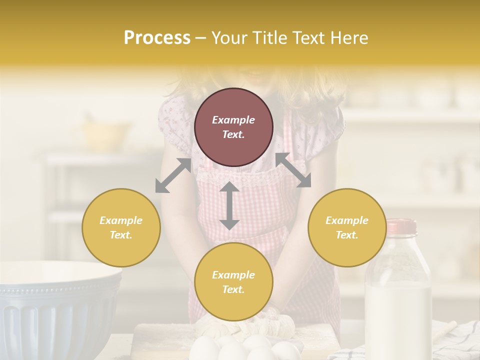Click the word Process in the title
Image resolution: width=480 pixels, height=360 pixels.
pyautogui.click(x=157, y=38)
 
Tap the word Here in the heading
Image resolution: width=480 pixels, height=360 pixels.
pyautogui.click(x=348, y=38)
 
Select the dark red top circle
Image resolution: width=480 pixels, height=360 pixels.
pyautogui.click(x=233, y=127)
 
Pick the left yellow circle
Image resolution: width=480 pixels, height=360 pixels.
pyautogui.click(x=121, y=227)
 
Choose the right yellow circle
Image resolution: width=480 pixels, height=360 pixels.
pyautogui.click(x=346, y=227)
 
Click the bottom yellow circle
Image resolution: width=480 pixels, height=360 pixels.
pyautogui.click(x=233, y=281)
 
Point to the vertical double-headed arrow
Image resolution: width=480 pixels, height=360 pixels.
pyautogui.click(x=229, y=205)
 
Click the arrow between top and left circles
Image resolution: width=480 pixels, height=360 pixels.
pyautogui.click(x=173, y=175)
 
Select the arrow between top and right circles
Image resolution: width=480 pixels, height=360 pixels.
pyautogui.click(x=293, y=170)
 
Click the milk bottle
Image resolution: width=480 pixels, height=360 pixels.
pyautogui.click(x=398, y=295)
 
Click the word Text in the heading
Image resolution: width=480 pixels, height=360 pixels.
pyautogui.click(x=308, y=38)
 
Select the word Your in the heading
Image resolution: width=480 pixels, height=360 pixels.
pyautogui.click(x=229, y=38)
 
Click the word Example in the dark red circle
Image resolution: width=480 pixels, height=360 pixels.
pyautogui.click(x=233, y=120)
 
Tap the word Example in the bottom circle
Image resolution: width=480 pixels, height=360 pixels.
pyautogui.click(x=233, y=274)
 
